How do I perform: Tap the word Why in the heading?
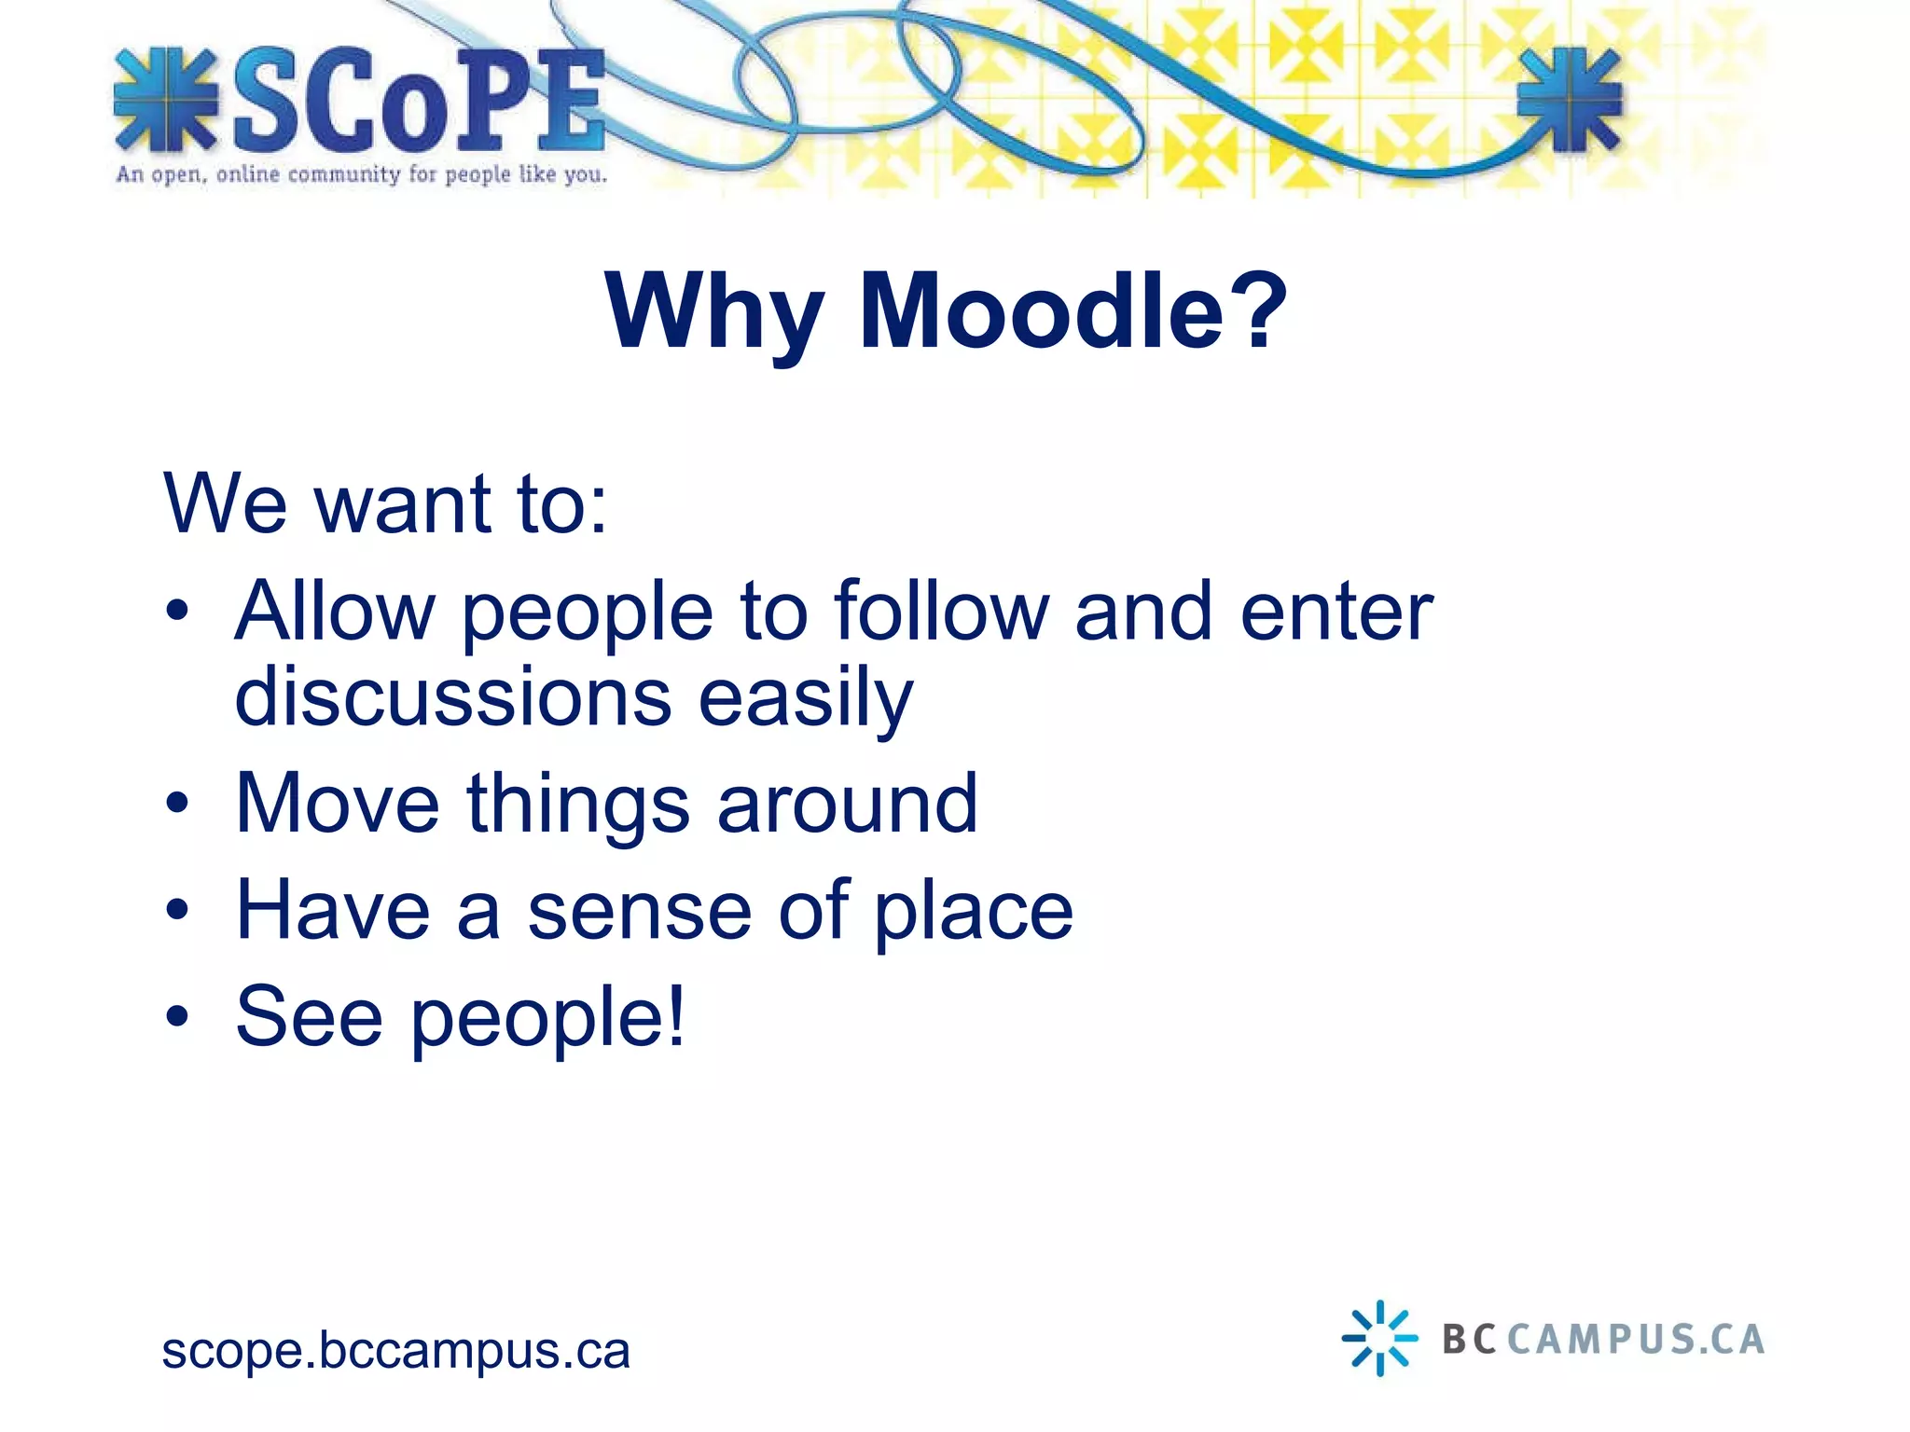pyautogui.click(x=714, y=314)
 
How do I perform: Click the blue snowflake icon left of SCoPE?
pyautogui.click(x=165, y=100)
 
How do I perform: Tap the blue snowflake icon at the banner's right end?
pyautogui.click(x=1570, y=100)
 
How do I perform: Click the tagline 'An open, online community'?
pyautogui.click(x=361, y=174)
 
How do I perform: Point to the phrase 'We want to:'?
pyautogui.click(x=385, y=503)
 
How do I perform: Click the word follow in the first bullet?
pyautogui.click(x=941, y=612)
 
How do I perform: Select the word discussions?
pyautogui.click(x=453, y=697)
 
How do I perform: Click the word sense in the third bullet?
pyautogui.click(x=640, y=910)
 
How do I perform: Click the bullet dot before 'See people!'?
pyautogui.click(x=177, y=1016)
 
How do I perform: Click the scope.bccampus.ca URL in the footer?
pyautogui.click(x=395, y=1351)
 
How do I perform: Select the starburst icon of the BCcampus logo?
pyautogui.click(x=1379, y=1338)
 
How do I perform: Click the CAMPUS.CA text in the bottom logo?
pyautogui.click(x=1636, y=1340)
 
